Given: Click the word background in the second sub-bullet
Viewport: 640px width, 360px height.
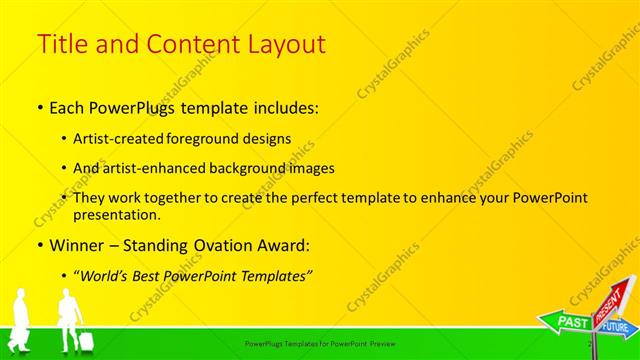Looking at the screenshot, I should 243,169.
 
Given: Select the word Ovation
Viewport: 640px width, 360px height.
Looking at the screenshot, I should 214,245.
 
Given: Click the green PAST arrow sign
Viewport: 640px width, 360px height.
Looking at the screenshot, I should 571,322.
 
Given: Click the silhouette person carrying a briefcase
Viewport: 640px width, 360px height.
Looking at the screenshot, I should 21,320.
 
